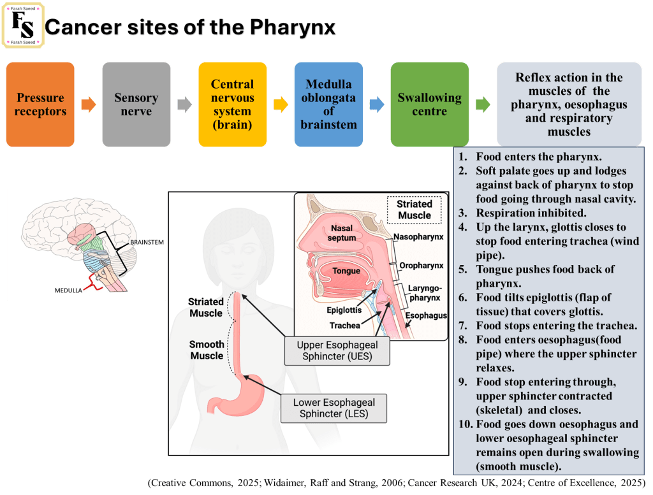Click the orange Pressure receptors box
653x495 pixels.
[40, 104]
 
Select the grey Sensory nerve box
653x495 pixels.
[136, 104]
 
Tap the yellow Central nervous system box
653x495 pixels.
[232, 104]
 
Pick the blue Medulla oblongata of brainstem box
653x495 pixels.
[328, 104]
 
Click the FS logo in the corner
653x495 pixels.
[24, 25]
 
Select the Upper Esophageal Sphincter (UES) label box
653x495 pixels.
[337, 351]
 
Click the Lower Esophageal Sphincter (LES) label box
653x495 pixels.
[334, 408]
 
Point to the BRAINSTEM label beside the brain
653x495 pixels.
[147, 243]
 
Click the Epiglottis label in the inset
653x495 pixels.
[344, 310]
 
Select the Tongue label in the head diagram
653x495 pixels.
[346, 271]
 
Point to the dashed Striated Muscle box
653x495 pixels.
[415, 210]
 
